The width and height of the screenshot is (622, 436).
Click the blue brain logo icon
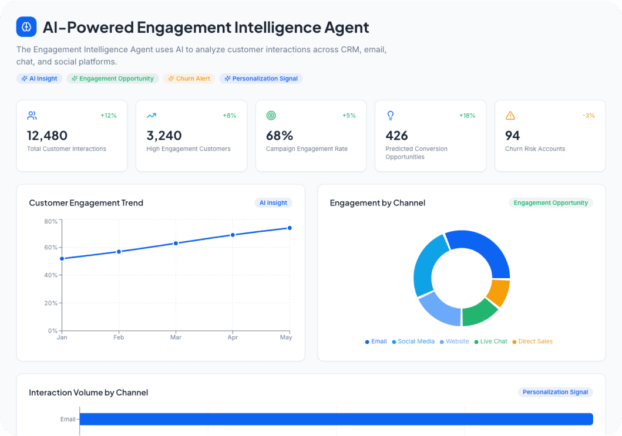(x=26, y=27)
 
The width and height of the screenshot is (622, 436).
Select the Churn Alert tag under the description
(x=189, y=79)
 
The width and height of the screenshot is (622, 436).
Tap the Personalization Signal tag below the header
(x=261, y=79)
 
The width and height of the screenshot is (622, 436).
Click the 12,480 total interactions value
(x=47, y=136)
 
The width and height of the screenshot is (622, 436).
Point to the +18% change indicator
(x=467, y=116)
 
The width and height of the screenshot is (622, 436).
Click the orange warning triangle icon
(x=510, y=116)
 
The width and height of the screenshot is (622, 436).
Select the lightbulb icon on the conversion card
(x=391, y=116)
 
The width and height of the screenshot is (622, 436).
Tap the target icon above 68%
(x=271, y=116)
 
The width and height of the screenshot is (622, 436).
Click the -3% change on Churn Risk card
(x=589, y=116)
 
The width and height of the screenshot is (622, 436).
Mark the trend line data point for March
(x=176, y=243)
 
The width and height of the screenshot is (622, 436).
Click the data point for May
(x=290, y=228)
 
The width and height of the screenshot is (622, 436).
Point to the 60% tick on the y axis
(x=51, y=248)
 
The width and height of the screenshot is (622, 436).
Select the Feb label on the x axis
(x=119, y=338)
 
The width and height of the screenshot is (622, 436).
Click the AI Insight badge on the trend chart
(x=273, y=203)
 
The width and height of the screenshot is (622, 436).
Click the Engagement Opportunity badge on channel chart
(x=550, y=203)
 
